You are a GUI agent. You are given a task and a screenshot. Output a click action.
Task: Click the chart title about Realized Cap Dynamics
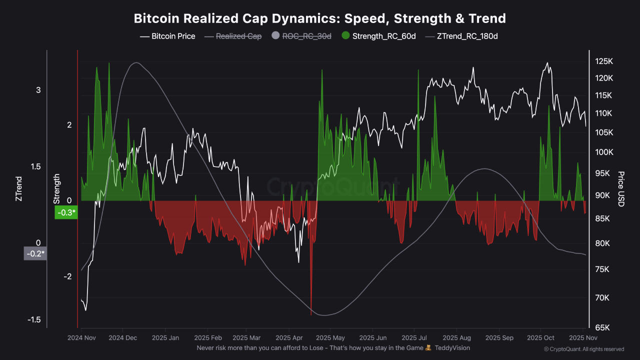click(x=320, y=18)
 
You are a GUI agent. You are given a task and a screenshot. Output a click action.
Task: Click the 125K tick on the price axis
click(x=603, y=61)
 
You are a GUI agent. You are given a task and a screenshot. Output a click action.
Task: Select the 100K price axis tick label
click(x=603, y=152)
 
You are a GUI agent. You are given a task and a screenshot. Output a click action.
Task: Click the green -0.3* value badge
click(x=66, y=213)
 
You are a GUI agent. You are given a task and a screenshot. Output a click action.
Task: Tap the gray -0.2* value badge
click(x=35, y=253)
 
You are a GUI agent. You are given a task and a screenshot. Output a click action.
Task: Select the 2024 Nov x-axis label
click(x=81, y=338)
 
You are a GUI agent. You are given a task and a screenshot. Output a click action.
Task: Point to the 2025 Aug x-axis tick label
click(x=457, y=338)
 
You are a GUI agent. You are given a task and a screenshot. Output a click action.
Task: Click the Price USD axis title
click(x=620, y=188)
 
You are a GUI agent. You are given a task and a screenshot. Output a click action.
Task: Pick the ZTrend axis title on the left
click(x=19, y=188)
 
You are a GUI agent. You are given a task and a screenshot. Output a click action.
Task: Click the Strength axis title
click(x=56, y=188)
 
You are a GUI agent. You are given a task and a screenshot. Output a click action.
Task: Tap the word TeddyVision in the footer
click(x=452, y=347)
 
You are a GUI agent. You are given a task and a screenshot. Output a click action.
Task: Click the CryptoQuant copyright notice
click(x=583, y=349)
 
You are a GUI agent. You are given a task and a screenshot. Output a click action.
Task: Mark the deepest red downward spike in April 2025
click(x=311, y=313)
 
